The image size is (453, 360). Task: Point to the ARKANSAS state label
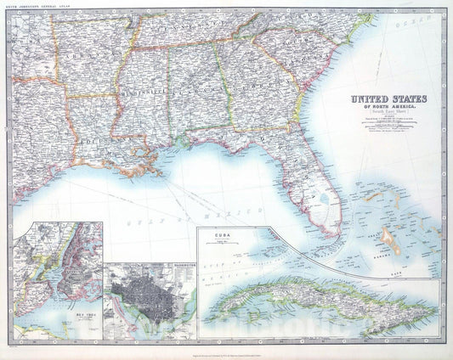[x=85, y=64]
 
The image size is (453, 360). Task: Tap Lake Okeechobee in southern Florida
[x=325, y=200]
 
